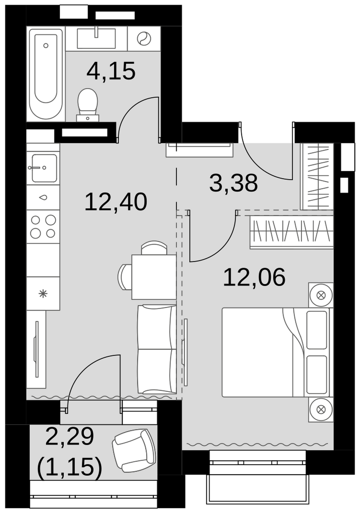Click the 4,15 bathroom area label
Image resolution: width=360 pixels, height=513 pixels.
[x=111, y=71]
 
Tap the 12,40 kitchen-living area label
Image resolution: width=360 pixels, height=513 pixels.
[x=116, y=202]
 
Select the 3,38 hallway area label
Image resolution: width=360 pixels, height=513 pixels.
[x=233, y=183]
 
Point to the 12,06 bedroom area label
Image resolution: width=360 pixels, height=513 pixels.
[x=254, y=277]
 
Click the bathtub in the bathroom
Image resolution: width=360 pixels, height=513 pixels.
[x=46, y=74]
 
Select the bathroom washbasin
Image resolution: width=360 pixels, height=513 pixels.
[x=96, y=38]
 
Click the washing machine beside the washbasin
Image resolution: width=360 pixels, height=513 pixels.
[x=144, y=38]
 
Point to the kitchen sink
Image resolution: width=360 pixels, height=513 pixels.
[x=44, y=168]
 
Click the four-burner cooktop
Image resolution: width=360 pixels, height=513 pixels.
[x=43, y=227]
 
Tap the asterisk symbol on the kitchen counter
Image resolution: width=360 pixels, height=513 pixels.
[x=43, y=294]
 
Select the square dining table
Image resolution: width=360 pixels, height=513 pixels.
[x=154, y=277]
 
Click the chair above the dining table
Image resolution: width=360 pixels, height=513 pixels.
[x=154, y=248]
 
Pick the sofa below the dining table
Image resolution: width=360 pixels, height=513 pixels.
[x=157, y=349]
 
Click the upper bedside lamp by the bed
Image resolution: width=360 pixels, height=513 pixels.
[x=321, y=295]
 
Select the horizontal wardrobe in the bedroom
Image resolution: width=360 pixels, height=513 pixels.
[x=292, y=232]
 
